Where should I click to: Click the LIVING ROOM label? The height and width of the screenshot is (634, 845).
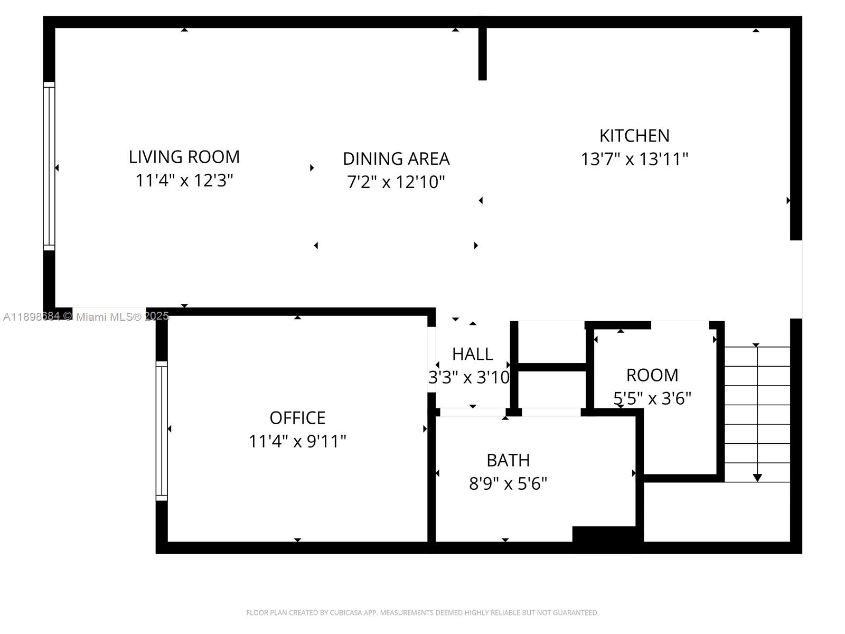pos(184,157)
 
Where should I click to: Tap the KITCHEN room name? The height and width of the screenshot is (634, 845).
pos(634,136)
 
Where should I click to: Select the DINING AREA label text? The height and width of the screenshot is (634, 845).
pos(396,158)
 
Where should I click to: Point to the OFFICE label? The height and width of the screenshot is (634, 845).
pos(297,418)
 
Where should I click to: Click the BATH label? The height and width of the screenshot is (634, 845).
pos(508,460)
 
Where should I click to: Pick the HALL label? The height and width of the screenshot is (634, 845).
pos(473,353)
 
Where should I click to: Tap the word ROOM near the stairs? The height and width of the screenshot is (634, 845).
pos(652,375)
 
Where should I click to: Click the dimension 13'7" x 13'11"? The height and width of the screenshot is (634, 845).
pos(634,159)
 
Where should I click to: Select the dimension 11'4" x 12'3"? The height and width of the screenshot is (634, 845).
pos(184,181)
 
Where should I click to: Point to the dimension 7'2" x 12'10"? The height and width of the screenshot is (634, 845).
pos(396,182)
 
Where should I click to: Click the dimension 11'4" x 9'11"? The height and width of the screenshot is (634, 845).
pos(297,441)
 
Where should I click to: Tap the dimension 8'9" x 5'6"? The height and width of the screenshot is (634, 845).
pos(508,483)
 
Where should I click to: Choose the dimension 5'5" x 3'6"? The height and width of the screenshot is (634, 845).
pos(652,398)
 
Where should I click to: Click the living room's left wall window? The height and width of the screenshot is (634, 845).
pos(49,166)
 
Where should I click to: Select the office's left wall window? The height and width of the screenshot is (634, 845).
pos(162,431)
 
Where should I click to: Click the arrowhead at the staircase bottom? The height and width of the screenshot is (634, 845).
pos(757,478)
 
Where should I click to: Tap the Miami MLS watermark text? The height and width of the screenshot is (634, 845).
pos(86,316)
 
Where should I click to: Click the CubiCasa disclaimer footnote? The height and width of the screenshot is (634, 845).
pos(422,613)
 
